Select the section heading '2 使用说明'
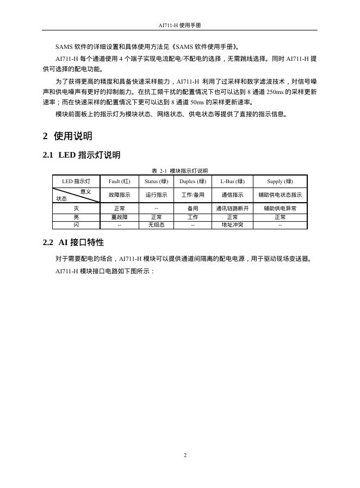[x=67, y=136]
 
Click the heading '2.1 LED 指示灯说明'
[x=82, y=155]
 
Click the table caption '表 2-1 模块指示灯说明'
[x=179, y=171]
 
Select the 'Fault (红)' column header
[x=120, y=181]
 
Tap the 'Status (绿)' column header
[x=156, y=181]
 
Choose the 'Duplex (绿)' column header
[x=193, y=181]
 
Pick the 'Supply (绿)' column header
[x=280, y=181]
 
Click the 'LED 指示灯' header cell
[x=76, y=181]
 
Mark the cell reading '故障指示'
[x=120, y=195]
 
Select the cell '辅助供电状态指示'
[x=280, y=195]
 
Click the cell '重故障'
[x=120, y=217]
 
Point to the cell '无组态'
[x=156, y=224]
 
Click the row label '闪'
[x=76, y=224]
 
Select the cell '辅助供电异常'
[x=280, y=208]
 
